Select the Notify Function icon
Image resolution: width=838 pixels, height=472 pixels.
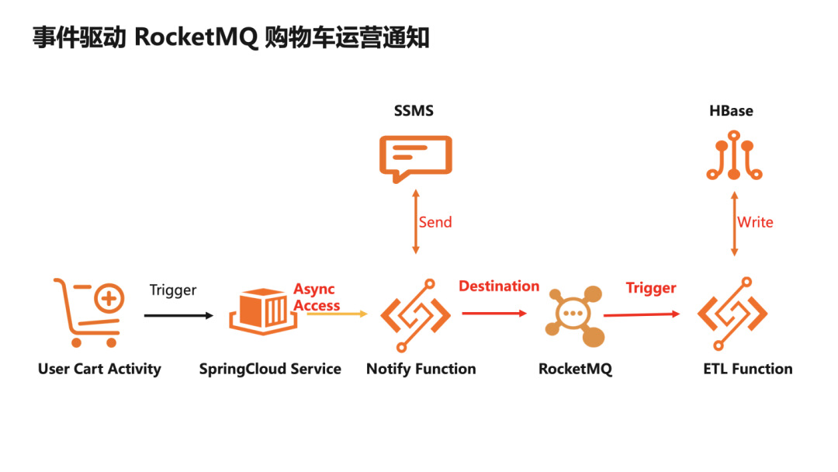tap(415, 314)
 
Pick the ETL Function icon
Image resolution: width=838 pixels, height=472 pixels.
tap(732, 314)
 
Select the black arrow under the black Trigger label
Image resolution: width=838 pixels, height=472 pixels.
tap(178, 315)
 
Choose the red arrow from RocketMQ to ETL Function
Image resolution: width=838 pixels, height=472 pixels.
tap(642, 314)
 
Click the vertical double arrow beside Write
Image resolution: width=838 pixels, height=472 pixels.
tap(733, 224)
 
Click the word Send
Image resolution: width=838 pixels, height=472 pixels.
tap(435, 223)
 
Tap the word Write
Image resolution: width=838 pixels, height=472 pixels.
tap(755, 223)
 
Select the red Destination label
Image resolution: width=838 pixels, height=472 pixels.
tap(499, 286)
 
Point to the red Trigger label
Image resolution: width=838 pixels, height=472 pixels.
tap(651, 288)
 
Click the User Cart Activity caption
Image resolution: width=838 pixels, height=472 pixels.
tap(99, 369)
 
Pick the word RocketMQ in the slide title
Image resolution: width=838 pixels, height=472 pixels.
tap(196, 38)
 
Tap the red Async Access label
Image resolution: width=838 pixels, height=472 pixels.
tap(316, 298)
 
